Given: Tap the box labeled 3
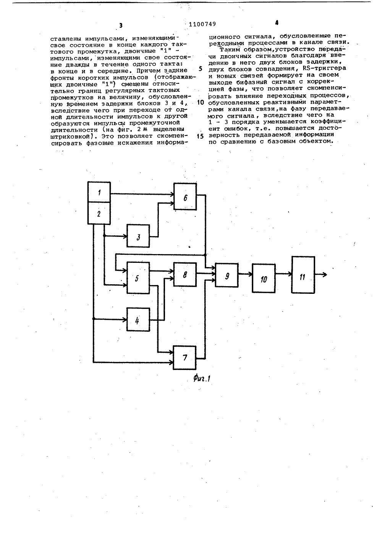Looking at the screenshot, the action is pyautogui.click(x=138, y=238).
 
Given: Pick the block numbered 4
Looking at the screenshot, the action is pyautogui.click(x=138, y=319).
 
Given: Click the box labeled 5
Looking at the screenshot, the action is pyautogui.click(x=138, y=278).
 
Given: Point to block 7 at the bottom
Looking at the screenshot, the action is pyautogui.click(x=185, y=358).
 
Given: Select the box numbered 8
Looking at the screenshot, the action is pyautogui.click(x=185, y=274).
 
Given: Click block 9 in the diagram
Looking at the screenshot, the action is pyautogui.click(x=227, y=275).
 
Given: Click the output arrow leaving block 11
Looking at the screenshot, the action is pyautogui.click(x=321, y=274).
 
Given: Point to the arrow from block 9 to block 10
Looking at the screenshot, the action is pyautogui.click(x=245, y=274).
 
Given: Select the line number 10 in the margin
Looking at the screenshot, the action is pyautogui.click(x=201, y=103).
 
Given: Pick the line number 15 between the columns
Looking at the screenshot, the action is pyautogui.click(x=201, y=137).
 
